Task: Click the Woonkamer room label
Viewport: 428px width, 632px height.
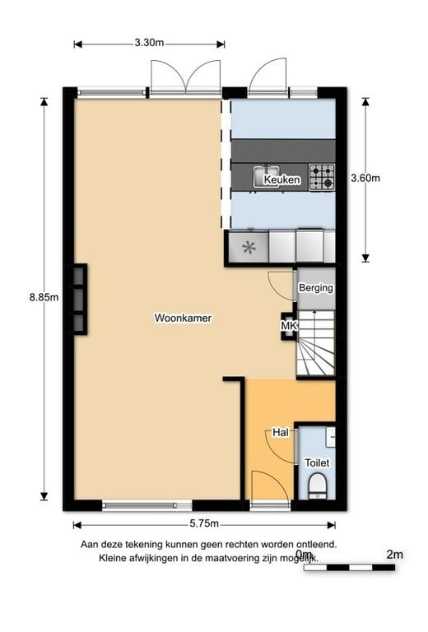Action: tap(183, 317)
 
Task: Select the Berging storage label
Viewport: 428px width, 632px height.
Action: tap(316, 288)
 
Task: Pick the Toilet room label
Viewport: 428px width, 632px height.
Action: tap(317, 463)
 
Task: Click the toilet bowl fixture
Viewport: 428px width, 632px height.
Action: tap(316, 489)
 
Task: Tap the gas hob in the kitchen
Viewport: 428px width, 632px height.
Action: tap(322, 177)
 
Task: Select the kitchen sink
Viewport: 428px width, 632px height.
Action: tap(268, 175)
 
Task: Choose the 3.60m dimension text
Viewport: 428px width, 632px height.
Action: tap(365, 177)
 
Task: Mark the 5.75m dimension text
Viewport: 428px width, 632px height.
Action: tap(202, 524)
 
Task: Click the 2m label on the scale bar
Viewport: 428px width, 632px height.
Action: tap(394, 555)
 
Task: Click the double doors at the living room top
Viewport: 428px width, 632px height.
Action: tap(187, 77)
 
